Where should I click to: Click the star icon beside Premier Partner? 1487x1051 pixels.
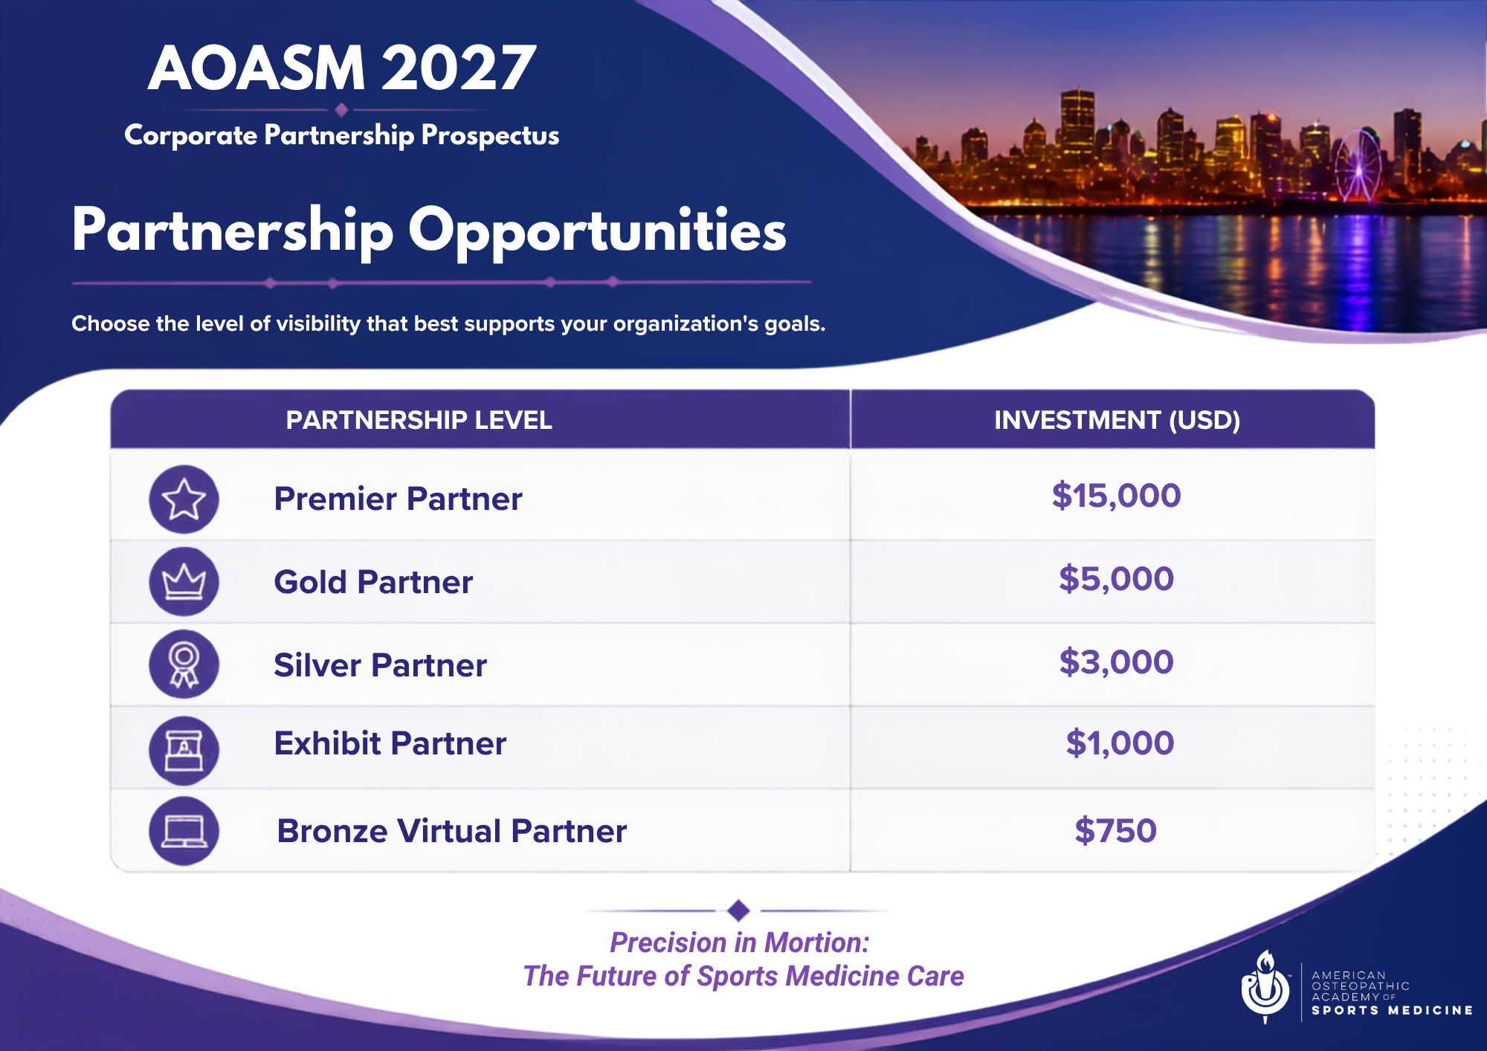pos(184,499)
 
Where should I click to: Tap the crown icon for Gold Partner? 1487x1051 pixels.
pos(184,582)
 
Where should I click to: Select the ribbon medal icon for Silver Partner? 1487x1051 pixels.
pos(184,664)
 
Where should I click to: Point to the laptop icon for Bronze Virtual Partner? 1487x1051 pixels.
pos(184,831)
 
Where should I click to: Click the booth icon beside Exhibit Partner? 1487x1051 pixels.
pos(184,751)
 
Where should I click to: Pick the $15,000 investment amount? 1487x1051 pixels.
pos(1116,496)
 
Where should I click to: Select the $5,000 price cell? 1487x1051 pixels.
pos(1116,578)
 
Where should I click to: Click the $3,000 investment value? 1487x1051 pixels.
pos(1116,662)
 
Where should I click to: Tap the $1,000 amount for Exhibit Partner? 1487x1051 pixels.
pos(1120,743)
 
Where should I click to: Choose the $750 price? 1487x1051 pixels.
pos(1115,830)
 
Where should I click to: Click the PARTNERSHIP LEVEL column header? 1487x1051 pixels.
pos(419,420)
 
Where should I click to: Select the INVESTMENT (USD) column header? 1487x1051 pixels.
pos(1117,420)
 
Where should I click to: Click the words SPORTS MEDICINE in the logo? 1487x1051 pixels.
pos(1392,1010)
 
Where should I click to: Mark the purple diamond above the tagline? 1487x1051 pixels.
pos(738,910)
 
